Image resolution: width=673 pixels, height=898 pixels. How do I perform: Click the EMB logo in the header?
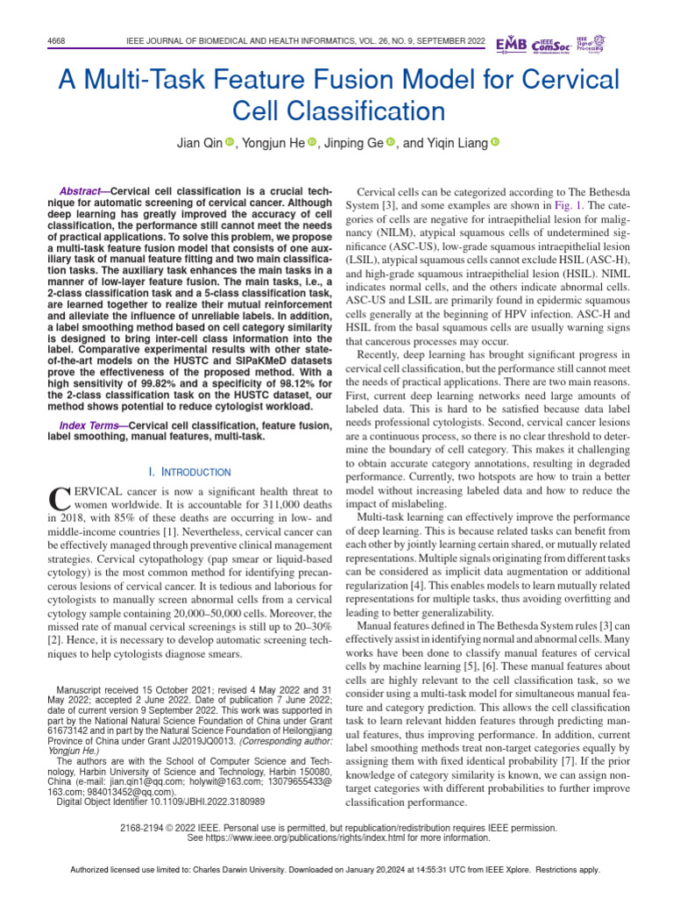[x=512, y=44]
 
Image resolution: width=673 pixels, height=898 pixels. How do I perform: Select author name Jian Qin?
[x=199, y=143]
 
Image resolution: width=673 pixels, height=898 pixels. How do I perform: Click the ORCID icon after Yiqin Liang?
[x=493, y=143]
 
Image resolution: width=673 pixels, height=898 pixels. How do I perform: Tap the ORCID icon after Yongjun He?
[x=311, y=143]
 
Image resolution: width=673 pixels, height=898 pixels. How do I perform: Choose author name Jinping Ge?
[x=355, y=143]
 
